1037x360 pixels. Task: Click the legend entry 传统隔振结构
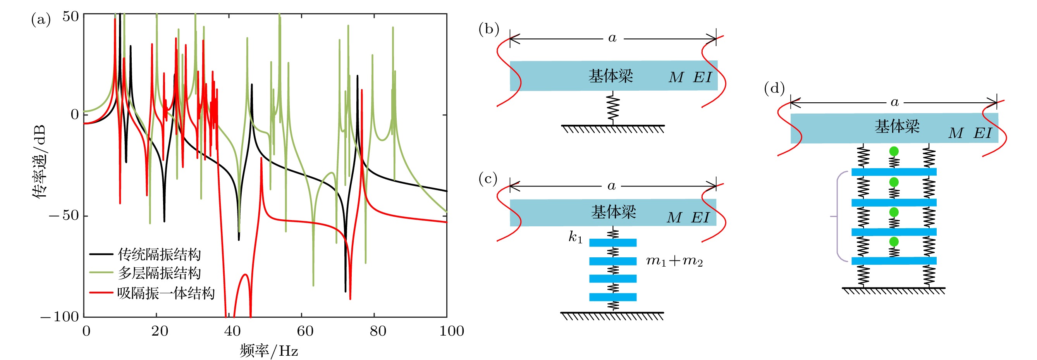click(x=159, y=255)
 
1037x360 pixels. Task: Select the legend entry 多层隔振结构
click(x=159, y=274)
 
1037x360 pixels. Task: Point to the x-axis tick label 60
click(x=305, y=331)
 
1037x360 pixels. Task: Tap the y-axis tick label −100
click(x=60, y=317)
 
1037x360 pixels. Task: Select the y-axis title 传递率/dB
click(x=40, y=161)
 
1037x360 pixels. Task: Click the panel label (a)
click(x=41, y=19)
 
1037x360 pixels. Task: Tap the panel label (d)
click(x=774, y=88)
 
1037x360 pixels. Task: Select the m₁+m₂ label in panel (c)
click(x=674, y=261)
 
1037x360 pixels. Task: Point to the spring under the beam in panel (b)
click(x=613, y=108)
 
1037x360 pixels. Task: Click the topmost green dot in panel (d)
click(x=894, y=152)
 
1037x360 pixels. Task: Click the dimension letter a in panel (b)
click(x=612, y=38)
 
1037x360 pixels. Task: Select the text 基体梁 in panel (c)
click(x=613, y=212)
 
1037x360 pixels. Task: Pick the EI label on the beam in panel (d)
click(x=983, y=133)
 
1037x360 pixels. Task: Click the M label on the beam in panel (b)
click(x=676, y=78)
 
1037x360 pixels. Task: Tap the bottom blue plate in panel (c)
click(x=613, y=297)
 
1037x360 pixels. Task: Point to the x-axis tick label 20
click(x=160, y=331)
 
